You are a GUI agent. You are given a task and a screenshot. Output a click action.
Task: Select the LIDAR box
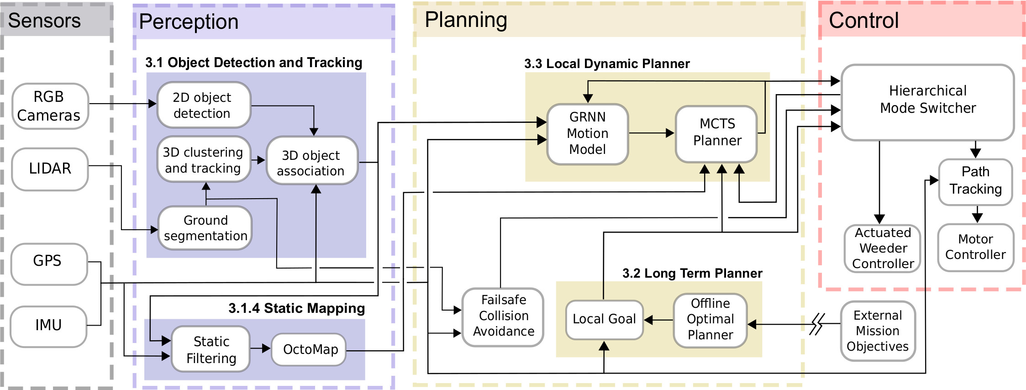coord(50,169)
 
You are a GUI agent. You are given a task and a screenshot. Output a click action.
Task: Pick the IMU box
coord(48,326)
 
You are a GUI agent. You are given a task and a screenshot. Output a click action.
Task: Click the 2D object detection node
coord(204,105)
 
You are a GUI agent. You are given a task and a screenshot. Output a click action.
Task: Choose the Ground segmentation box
coord(205,228)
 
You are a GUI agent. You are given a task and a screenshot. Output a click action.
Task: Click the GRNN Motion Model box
coord(587,134)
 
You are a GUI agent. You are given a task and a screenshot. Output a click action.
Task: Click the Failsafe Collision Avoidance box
coord(503,316)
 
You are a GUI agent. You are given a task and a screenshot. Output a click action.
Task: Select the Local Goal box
coord(604,319)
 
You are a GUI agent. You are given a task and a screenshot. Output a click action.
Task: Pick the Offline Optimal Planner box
coord(710,320)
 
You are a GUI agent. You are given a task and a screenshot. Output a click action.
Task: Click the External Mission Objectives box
coord(878,331)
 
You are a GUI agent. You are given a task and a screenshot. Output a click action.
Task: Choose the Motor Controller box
coord(975,247)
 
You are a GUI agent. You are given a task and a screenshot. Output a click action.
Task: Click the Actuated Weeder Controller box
coord(883,248)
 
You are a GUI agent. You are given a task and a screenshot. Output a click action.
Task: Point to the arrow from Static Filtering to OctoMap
coord(260,348)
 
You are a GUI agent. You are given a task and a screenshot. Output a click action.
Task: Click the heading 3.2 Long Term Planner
coord(692,274)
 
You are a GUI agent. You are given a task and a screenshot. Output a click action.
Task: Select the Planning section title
coord(466,21)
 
